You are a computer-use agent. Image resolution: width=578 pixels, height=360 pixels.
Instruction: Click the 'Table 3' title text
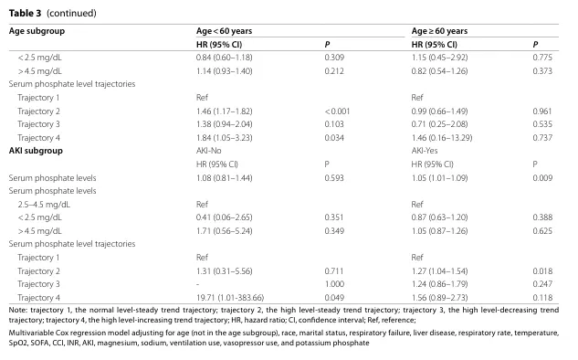pos(25,14)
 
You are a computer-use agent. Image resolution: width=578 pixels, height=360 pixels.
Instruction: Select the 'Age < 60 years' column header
pos(224,31)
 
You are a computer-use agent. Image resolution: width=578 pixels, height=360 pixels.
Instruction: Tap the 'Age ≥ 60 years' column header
pos(439,31)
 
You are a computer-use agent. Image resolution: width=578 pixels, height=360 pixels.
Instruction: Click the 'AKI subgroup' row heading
pos(36,151)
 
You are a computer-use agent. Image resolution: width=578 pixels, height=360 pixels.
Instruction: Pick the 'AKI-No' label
pos(208,151)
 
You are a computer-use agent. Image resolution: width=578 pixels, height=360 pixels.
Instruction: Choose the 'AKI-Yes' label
pos(425,151)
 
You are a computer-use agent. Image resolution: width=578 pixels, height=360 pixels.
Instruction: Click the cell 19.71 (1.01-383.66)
pos(230,298)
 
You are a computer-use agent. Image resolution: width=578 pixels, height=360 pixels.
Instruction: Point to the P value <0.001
pos(337,111)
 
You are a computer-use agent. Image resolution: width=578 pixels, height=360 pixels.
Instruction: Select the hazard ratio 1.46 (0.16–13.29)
pos(442,138)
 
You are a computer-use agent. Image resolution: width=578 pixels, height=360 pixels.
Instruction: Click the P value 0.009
pos(542,178)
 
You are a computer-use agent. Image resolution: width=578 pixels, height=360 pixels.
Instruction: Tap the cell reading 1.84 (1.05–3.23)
pos(224,138)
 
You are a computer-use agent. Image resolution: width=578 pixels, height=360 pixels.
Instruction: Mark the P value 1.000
pos(334,284)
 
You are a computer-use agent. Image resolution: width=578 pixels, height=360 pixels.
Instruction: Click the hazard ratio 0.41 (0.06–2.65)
pos(224,217)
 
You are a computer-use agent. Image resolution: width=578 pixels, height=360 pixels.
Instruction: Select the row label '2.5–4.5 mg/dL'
pos(44,205)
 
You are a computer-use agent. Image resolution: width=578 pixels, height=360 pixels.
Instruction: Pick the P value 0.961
pos(542,111)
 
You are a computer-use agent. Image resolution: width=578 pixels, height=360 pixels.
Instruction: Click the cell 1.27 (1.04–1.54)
pos(439,271)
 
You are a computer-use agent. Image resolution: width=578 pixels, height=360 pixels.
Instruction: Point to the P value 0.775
pos(542,58)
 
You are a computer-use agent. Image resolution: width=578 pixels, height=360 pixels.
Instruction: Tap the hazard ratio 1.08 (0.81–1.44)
pos(224,178)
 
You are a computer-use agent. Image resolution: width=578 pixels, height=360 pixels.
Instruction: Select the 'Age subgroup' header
pos(37,31)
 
